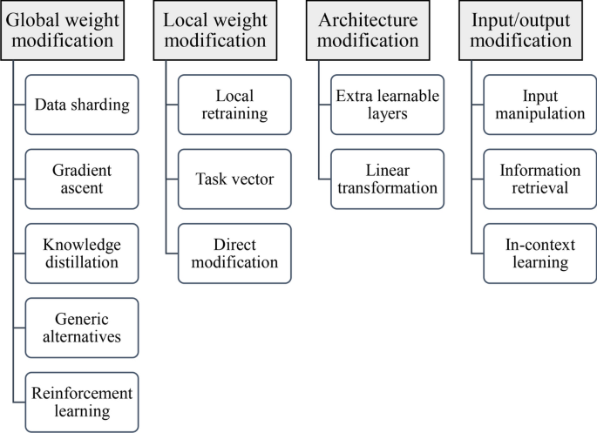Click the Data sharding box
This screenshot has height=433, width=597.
(x=82, y=105)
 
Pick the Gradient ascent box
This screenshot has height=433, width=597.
(x=82, y=179)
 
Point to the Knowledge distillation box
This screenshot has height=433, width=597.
(x=82, y=253)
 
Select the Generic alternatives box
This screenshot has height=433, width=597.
(x=82, y=327)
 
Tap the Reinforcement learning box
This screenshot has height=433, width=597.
(x=82, y=402)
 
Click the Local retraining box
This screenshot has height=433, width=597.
(x=234, y=105)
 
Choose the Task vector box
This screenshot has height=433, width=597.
(x=234, y=179)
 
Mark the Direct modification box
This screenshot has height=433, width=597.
(x=234, y=253)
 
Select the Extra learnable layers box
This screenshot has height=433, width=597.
(x=387, y=105)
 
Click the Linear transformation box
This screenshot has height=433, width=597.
(x=387, y=179)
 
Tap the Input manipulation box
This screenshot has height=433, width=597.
(x=539, y=105)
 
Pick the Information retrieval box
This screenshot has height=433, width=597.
(x=539, y=179)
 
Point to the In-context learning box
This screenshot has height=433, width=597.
(x=539, y=253)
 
